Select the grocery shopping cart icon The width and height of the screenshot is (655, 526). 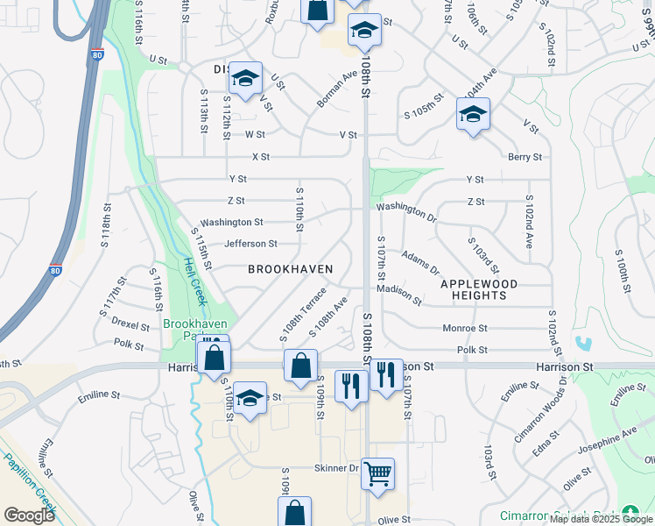coord(377,474)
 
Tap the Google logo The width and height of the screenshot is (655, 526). coord(29,515)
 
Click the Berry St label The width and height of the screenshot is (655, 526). coord(525,157)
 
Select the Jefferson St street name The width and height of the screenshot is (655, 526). coord(250,244)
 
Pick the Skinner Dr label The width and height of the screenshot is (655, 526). coord(337,468)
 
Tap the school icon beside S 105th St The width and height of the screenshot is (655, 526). coord(473,114)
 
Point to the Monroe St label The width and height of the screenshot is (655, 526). coord(464,328)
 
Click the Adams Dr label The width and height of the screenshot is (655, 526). coord(420,261)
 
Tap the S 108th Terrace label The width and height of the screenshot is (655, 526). coord(303,313)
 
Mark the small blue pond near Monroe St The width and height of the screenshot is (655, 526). coord(585,343)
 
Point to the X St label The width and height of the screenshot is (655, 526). coord(260,157)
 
